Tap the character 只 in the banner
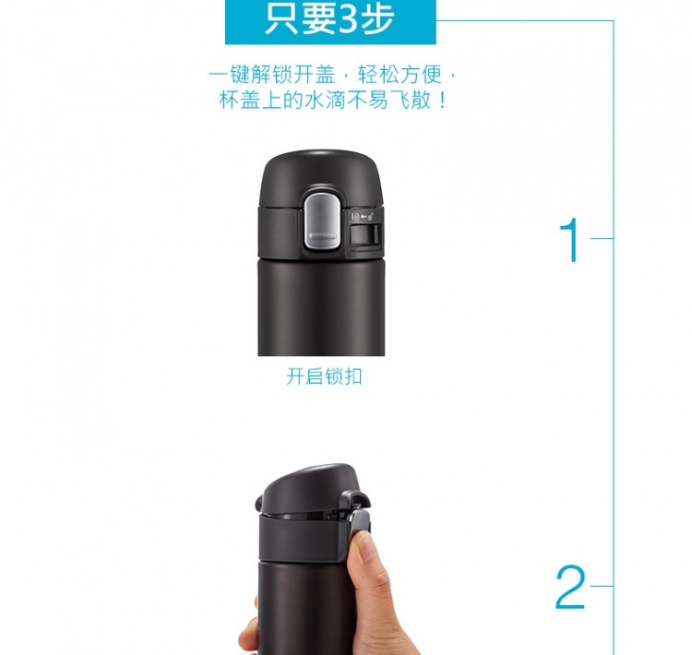[282, 18]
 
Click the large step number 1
[571, 240]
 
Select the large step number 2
[570, 588]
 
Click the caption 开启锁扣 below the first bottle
[325, 376]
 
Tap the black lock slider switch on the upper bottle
[365, 234]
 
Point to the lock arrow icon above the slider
[363, 216]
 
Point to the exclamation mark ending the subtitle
[443, 101]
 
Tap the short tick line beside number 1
[602, 238]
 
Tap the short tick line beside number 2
[602, 586]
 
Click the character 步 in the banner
[377, 18]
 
